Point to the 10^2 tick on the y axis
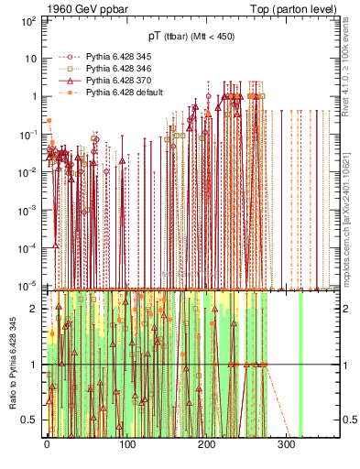click(x=28, y=19)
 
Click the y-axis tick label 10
click(x=31, y=57)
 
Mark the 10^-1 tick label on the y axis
click(x=28, y=134)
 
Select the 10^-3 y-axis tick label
click(x=28, y=210)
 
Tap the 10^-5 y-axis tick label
click(x=28, y=286)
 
